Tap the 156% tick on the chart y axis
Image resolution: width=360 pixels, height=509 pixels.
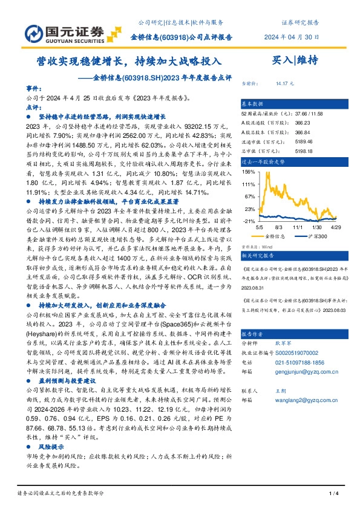point(248,172)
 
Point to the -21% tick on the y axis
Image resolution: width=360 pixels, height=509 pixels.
point(248,221)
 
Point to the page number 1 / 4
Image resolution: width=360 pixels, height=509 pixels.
point(333,494)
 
